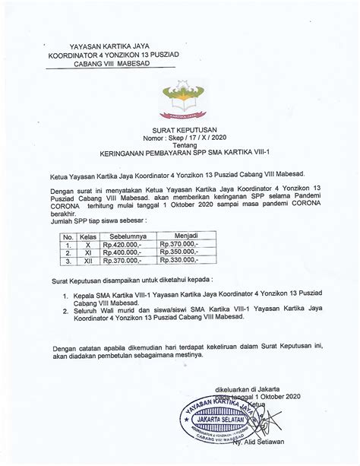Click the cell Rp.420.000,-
[x=123, y=245]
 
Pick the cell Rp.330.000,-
[x=179, y=260]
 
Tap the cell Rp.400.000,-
[x=123, y=252]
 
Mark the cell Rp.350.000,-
[x=179, y=252]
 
